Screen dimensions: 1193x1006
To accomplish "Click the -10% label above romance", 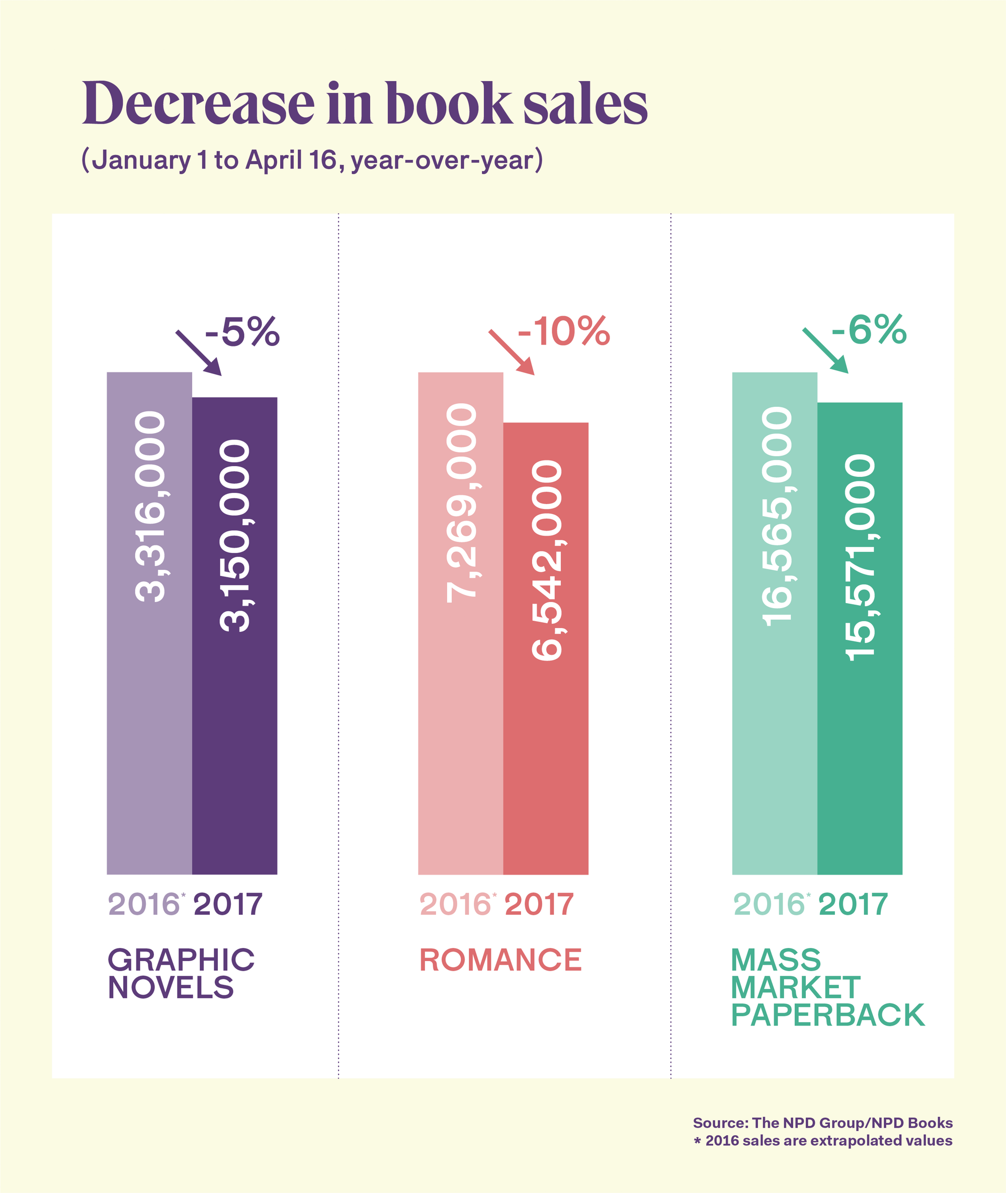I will pyautogui.click(x=563, y=331).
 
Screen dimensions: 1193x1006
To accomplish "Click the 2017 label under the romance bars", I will pyautogui.click(x=539, y=904).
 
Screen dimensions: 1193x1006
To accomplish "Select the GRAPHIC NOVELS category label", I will pyautogui.click(x=181, y=973).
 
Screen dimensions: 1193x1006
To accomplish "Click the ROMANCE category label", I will pyautogui.click(x=500, y=960).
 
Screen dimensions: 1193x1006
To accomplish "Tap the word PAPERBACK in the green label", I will pyautogui.click(x=827, y=1015).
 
